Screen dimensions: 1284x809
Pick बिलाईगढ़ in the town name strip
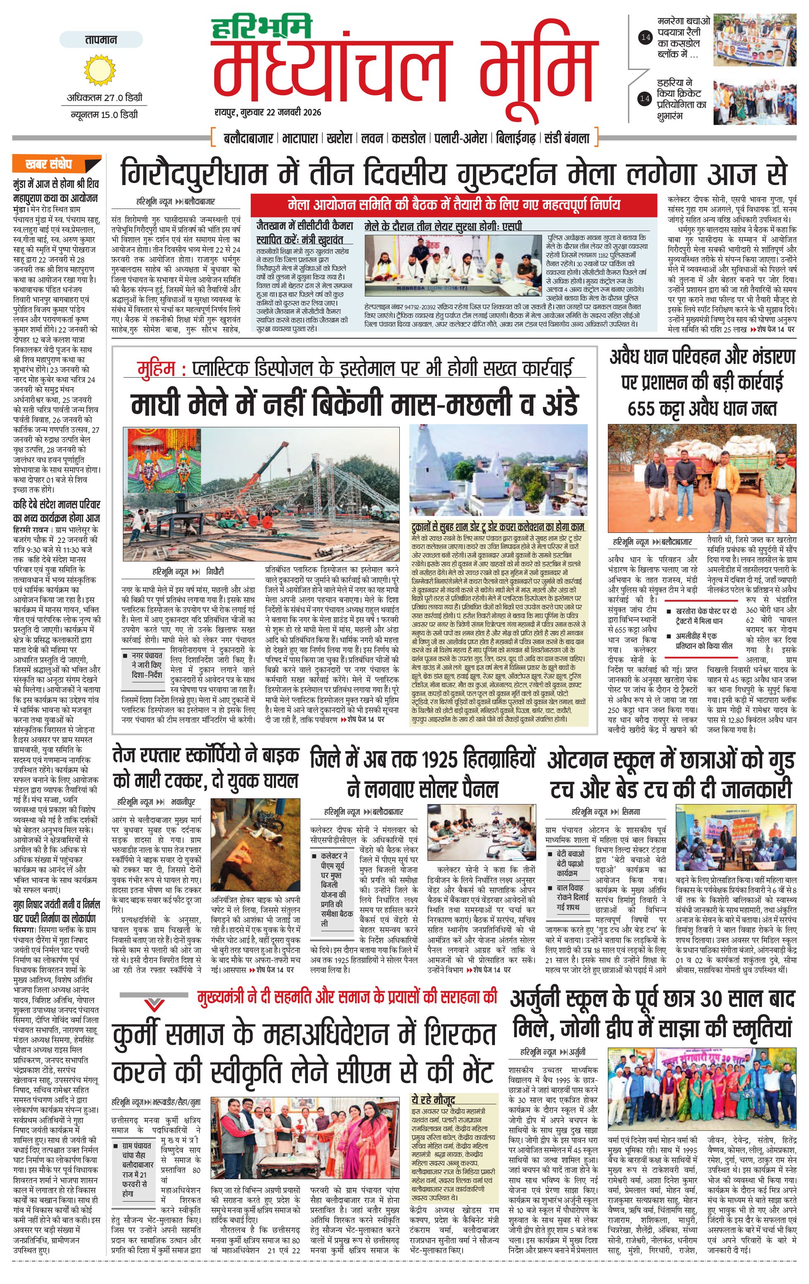click(x=515, y=139)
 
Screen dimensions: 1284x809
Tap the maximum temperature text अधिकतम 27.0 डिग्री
click(x=104, y=98)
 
